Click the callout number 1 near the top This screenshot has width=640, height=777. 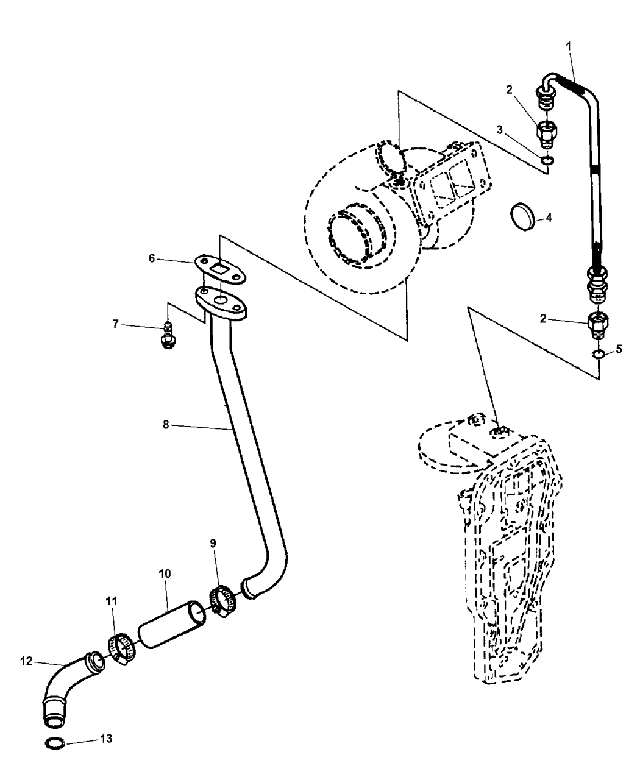click(x=568, y=46)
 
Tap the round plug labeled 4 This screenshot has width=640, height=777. click(x=522, y=217)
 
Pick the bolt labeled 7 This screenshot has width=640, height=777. click(x=168, y=336)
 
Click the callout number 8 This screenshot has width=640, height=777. click(x=166, y=424)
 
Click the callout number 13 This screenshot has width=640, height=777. click(x=106, y=739)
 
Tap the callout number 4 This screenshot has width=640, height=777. click(x=549, y=218)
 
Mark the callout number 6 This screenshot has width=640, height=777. click(x=152, y=258)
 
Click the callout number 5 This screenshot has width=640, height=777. click(x=619, y=349)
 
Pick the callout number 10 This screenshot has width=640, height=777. click(x=165, y=584)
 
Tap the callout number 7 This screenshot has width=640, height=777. click(x=115, y=324)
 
